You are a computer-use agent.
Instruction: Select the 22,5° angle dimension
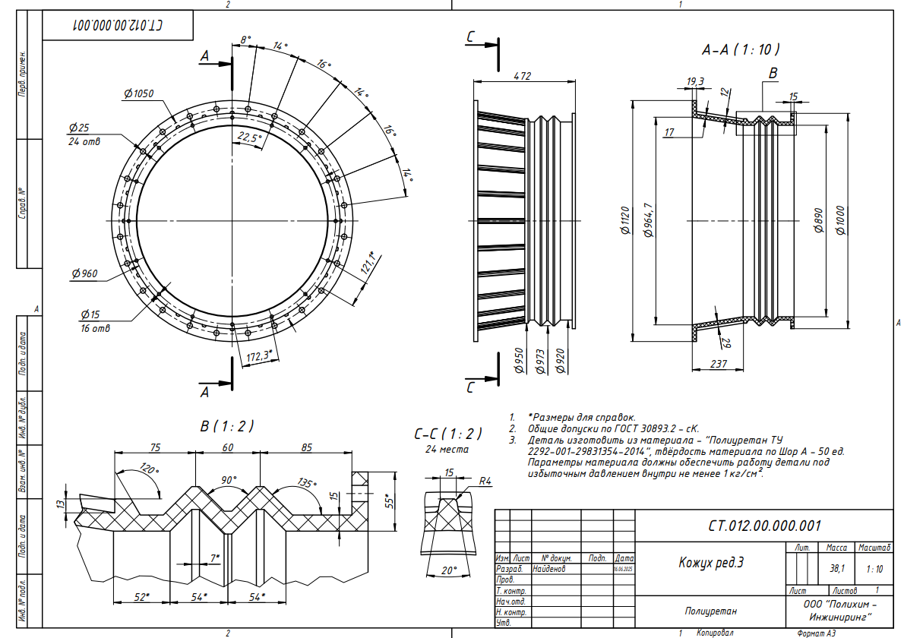pos(248,137)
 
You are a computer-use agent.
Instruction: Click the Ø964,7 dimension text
pos(648,220)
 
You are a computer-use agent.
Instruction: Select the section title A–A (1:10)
pos(741,49)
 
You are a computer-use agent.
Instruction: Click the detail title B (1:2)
pos(227,426)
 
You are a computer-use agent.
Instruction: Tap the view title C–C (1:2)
pos(448,434)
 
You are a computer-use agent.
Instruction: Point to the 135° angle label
pos(307,482)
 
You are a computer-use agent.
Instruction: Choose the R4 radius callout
pos(486,481)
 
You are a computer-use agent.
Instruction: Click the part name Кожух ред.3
pos(710,563)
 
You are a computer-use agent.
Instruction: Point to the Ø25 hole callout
pos(78,127)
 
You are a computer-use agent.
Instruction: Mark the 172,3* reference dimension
pos(260,355)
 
